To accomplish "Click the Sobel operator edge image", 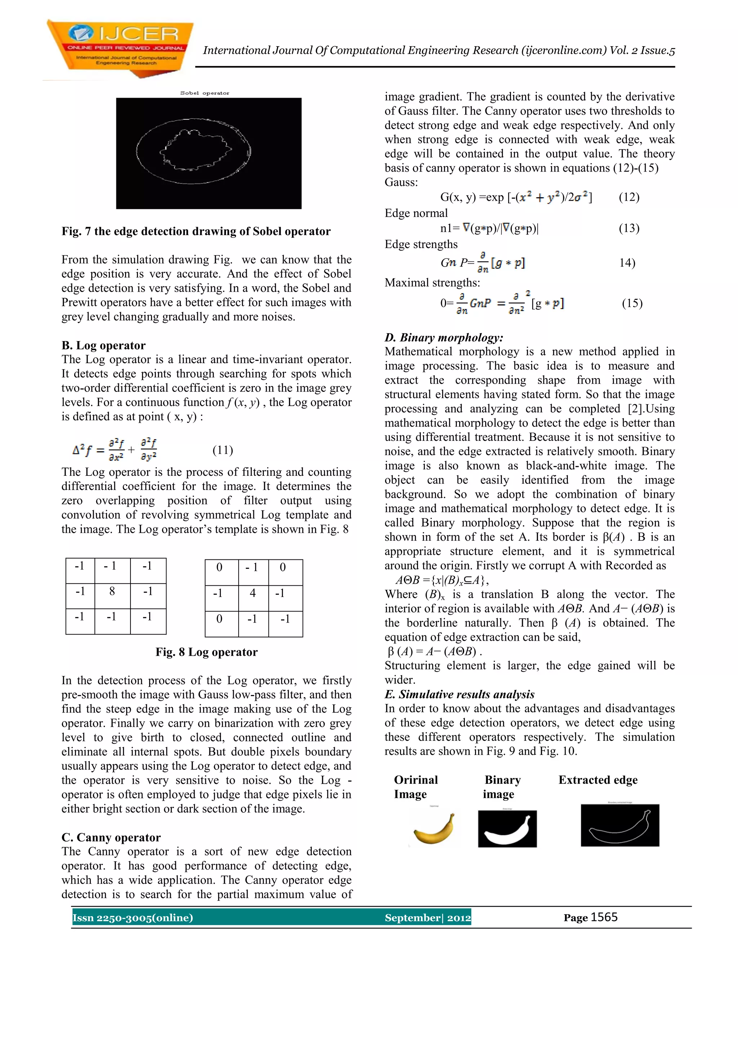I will tap(209, 153).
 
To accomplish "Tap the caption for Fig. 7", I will tap(196, 231).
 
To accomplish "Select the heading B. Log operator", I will tap(104, 346).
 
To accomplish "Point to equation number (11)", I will tap(223, 450).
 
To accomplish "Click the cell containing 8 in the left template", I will tap(112, 592).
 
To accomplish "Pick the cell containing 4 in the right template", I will tap(253, 593).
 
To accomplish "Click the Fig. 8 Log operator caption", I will tap(206, 652).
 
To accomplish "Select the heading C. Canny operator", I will tap(111, 837).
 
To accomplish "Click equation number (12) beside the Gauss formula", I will tap(629, 197).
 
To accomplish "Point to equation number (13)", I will tap(629, 228).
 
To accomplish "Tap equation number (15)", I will tap(632, 303).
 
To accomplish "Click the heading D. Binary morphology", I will tap(444, 337).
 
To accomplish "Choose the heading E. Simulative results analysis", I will tap(459, 694).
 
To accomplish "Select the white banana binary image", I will tap(507, 829).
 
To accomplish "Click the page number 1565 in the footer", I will tap(604, 917).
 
